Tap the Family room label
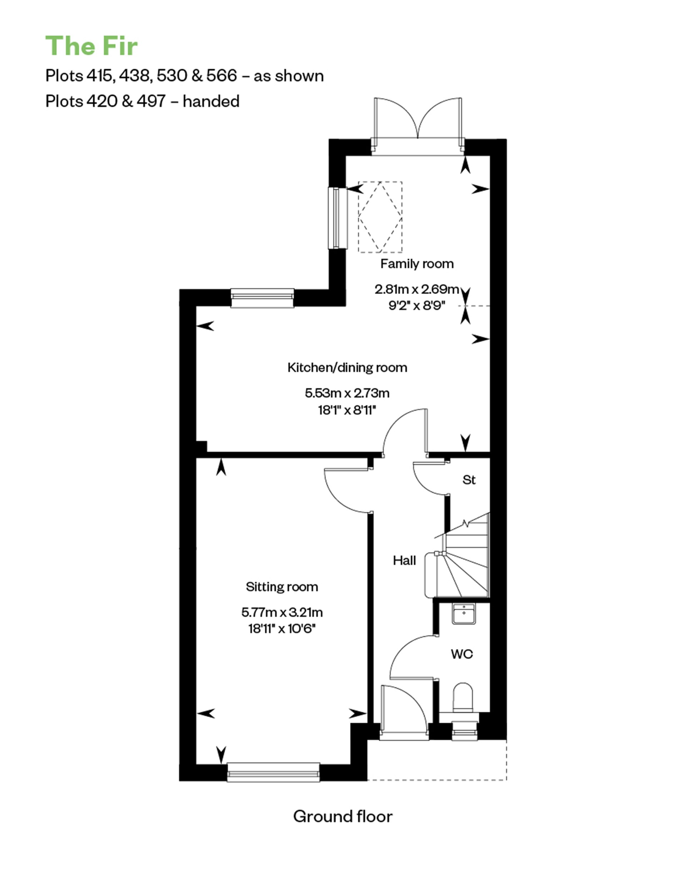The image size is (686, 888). coord(417,264)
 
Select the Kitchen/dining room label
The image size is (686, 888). coord(347,368)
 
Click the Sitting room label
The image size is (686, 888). coord(282,587)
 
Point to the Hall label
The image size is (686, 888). coord(404,561)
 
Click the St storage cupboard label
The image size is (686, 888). coord(469,480)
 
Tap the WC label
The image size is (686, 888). coord(462,654)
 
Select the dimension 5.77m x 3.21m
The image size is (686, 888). coord(282,612)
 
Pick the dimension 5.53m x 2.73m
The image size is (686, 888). coord(347,393)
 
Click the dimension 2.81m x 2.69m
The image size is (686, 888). coord(417,289)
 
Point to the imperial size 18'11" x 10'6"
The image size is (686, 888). coord(282,629)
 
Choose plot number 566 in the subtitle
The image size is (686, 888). coord(222,76)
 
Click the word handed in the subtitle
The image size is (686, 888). coord(211,101)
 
